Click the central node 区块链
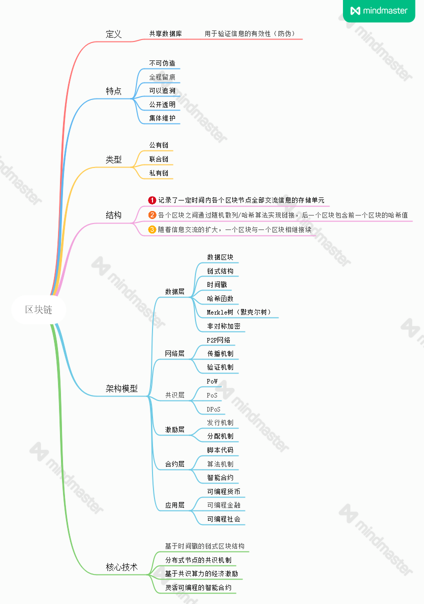coord(38,309)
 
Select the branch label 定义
coord(113,34)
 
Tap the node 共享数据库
coord(165,33)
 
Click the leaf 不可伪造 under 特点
coord(162,63)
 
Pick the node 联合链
coord(158,159)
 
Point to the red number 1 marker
coord(152,200)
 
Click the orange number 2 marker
coord(152,215)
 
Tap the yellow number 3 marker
coord(152,229)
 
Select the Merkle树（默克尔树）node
coord(239,312)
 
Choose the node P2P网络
coord(218,340)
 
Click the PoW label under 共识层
coord(212,381)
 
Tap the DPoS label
coord(213,409)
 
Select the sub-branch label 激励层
coord(174,429)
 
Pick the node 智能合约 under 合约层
coord(220,477)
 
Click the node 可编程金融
coord(223,505)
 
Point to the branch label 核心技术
coord(121,567)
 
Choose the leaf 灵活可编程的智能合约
coord(198,587)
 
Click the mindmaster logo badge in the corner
coord(379,10)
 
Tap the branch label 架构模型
coord(121,388)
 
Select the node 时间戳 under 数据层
coord(217,284)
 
